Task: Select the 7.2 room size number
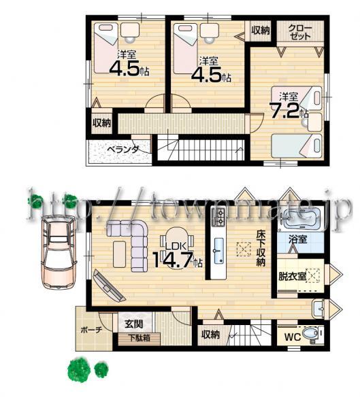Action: pos(288,111)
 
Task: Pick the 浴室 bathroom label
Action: pos(297,239)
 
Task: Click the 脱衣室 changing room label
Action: pos(292,277)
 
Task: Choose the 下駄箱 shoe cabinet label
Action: pos(139,337)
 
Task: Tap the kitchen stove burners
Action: pos(220,217)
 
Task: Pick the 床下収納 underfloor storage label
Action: pos(261,249)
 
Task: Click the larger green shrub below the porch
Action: pos(79,371)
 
